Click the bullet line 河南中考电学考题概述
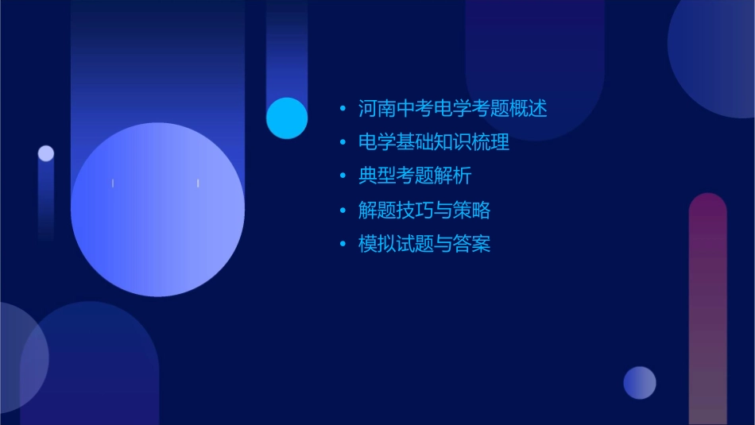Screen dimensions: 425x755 tap(453, 109)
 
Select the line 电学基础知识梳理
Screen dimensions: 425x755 tap(434, 143)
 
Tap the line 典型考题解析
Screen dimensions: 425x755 tap(415, 176)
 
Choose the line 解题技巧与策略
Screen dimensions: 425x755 tap(424, 211)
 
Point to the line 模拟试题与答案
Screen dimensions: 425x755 tap(424, 244)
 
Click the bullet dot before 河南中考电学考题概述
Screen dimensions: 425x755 tap(343, 109)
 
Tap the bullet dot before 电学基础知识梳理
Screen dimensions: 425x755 tap(343, 143)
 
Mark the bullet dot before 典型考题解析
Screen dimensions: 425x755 tap(343, 176)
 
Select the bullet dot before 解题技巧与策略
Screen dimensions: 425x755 tap(343, 211)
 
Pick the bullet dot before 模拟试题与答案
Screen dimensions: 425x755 tap(343, 244)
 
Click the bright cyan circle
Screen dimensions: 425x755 tap(287, 118)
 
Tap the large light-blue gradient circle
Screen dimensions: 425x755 tap(157, 210)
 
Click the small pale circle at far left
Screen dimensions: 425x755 tap(46, 153)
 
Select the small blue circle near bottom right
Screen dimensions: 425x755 tap(640, 383)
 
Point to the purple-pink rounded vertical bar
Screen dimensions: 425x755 tap(707, 310)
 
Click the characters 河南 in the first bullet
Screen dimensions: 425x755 tap(377, 109)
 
